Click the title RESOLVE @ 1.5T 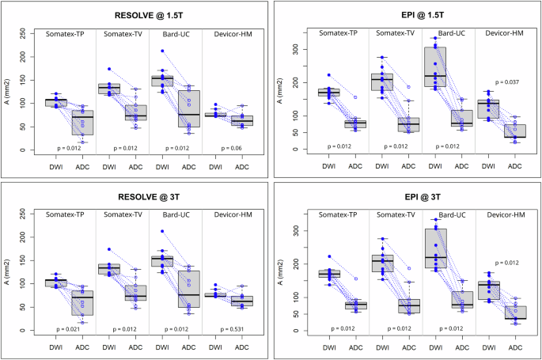[137, 13]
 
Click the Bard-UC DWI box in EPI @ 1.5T [434, 67]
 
